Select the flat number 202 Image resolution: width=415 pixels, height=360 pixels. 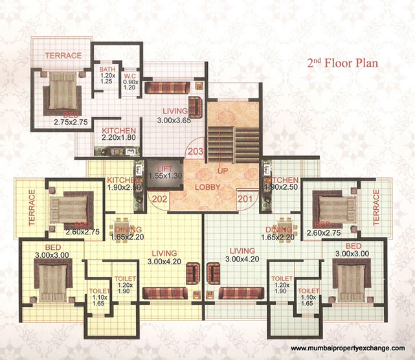tap(159, 198)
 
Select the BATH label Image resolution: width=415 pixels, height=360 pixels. tap(107, 69)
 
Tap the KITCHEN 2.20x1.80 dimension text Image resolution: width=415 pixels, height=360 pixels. tap(118, 138)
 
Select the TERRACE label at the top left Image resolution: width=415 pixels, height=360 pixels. tap(63, 56)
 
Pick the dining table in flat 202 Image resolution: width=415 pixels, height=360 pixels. tap(123, 230)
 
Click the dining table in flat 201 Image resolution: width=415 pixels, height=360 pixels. tap(282, 230)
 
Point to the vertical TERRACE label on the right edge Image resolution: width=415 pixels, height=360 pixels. tap(377, 207)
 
